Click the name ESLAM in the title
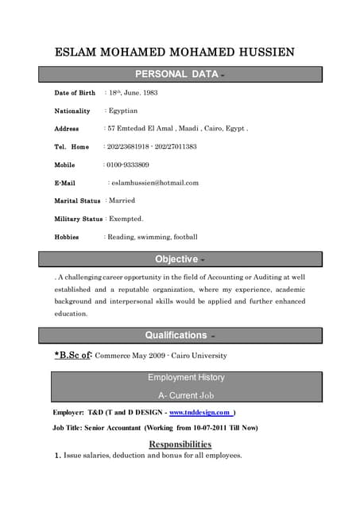coord(75,53)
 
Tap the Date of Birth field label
coord(75,93)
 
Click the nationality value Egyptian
coord(123,111)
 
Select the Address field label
coord(67,129)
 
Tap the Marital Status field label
coord(77,201)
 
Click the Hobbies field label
coord(67,237)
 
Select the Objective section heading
coord(176,259)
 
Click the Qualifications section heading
coord(176,335)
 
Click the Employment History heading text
coord(186,377)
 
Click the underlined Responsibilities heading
coord(180,444)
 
